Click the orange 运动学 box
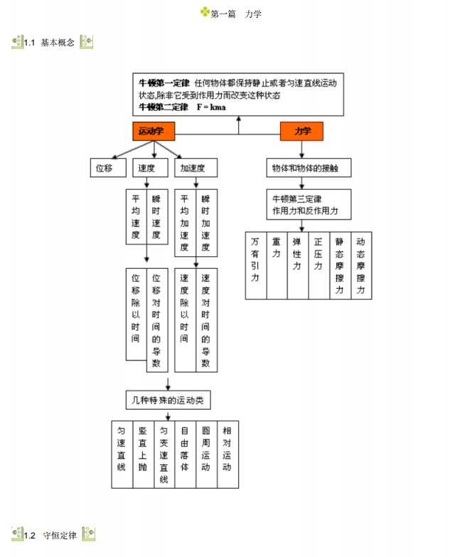coord(154,131)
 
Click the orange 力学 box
coord(301,131)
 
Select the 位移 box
coord(108,168)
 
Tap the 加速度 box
coord(196,168)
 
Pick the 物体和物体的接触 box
coord(309,168)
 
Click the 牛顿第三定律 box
coord(309,204)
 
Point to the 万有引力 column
coord(256,265)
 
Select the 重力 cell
coord(277,265)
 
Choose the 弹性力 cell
coord(298,265)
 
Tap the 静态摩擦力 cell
coord(341,265)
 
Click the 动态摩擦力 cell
coord(361,265)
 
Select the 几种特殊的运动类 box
coord(168,400)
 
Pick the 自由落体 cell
coord(186,455)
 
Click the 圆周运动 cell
coord(206,455)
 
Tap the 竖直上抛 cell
coord(144,455)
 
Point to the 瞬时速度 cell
coord(157,217)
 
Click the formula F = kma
coord(211,107)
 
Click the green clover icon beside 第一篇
coord(205,11)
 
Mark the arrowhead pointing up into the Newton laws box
coord(238,119)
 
